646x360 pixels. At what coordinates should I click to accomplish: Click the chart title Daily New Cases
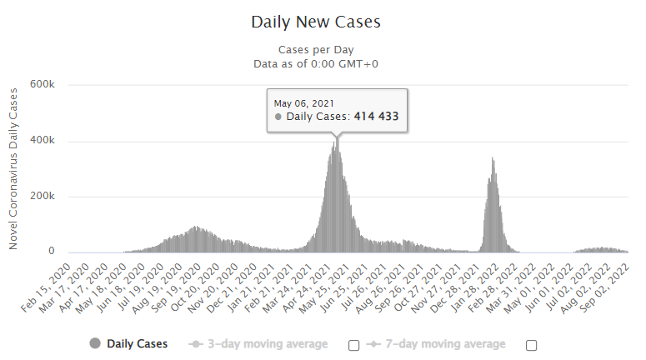(322, 22)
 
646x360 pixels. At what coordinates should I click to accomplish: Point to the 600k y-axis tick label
(43, 85)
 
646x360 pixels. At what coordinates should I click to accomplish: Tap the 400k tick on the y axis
(43, 141)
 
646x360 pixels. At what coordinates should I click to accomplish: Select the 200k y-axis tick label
(43, 197)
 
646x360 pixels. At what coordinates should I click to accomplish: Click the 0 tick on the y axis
(52, 252)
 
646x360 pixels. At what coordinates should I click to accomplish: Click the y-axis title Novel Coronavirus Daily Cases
(13, 169)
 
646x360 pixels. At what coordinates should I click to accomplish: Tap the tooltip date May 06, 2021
(305, 102)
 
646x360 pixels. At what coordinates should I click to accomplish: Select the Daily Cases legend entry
(137, 343)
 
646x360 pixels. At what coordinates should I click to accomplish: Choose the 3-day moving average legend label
(267, 343)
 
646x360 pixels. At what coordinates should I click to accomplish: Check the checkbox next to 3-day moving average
(353, 345)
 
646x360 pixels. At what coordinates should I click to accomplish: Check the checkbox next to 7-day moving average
(531, 345)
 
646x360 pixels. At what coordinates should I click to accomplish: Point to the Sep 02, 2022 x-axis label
(608, 283)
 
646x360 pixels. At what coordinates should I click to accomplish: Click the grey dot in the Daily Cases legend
(95, 343)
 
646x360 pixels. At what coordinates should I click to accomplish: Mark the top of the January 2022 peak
(493, 157)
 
